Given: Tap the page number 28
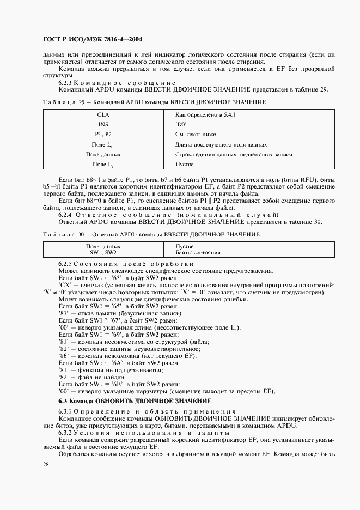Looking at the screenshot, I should (45, 464).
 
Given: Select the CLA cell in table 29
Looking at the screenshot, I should (103, 115).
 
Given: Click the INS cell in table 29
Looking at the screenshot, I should (103, 124).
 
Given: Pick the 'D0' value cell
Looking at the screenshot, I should (181, 124).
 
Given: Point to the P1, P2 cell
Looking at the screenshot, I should (103, 134).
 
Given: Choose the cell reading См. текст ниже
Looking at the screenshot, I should (196, 134).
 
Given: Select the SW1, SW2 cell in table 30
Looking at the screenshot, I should (103, 253).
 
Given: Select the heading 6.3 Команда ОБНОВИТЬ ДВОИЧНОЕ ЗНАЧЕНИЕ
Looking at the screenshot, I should (135, 401).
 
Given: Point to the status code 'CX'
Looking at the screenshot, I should (64, 285).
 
